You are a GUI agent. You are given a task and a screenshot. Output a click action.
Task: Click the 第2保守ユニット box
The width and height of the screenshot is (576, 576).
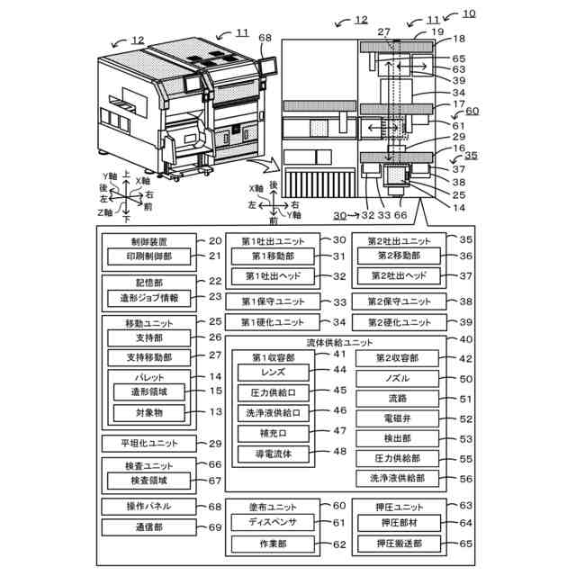398,301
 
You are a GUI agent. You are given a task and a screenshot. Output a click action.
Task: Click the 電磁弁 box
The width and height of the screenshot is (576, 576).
398,418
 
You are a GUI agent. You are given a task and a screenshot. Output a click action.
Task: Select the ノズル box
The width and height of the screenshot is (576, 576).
398,379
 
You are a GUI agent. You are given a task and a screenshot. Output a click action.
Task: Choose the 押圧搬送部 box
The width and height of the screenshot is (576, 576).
398,544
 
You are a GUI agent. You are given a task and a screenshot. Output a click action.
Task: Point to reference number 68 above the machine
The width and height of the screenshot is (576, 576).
265,38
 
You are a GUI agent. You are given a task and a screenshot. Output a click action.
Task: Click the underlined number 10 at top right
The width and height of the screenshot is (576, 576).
470,14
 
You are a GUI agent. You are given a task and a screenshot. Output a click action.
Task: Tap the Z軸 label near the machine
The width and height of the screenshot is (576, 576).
106,213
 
